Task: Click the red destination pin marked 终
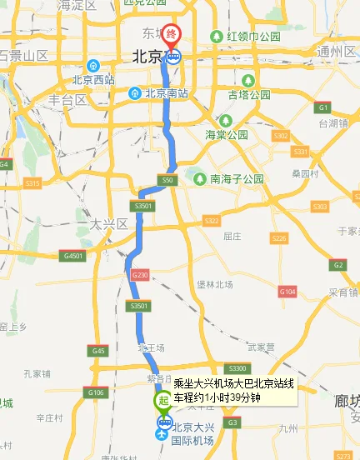pyautogui.click(x=172, y=35)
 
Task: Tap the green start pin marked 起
pyautogui.click(x=162, y=401)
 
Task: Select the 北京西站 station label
pyautogui.click(x=92, y=80)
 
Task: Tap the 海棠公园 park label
pyautogui.click(x=227, y=134)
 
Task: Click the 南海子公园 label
pyautogui.click(x=236, y=179)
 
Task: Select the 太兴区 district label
pyautogui.click(x=108, y=224)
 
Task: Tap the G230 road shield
pyautogui.click(x=139, y=274)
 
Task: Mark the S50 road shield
pyautogui.click(x=167, y=180)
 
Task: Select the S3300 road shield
pyautogui.click(x=237, y=367)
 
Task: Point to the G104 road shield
pyautogui.click(x=287, y=292)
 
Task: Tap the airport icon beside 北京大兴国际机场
pyautogui.click(x=162, y=432)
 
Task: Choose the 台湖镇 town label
pyautogui.click(x=332, y=122)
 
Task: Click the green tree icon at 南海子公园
pyautogui.click(x=199, y=179)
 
